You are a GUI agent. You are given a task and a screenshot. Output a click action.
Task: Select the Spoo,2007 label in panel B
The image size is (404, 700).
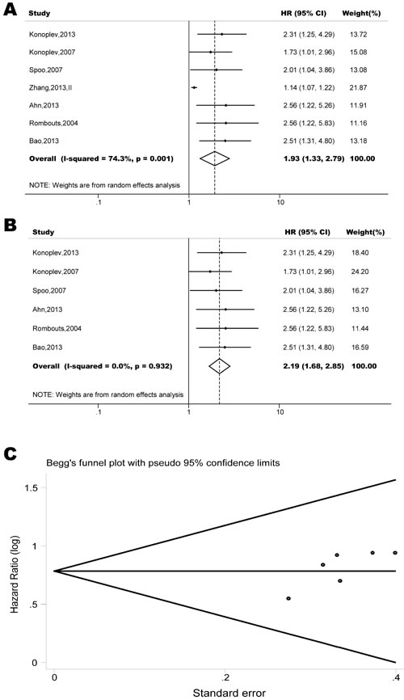tap(50, 290)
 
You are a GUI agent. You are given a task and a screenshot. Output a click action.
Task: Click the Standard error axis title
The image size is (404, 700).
tap(225, 693)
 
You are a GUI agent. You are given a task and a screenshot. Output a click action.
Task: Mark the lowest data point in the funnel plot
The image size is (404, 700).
tap(288, 598)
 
